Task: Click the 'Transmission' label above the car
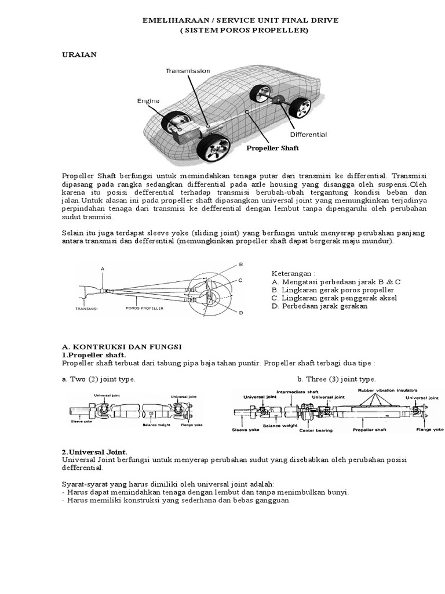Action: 188,71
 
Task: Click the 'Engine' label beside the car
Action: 148,100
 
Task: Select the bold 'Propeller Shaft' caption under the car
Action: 272,148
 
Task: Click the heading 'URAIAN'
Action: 79,54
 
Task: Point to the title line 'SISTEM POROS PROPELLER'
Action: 240,30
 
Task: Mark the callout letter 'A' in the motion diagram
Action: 103,269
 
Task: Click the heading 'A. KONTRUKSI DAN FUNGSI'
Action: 122,346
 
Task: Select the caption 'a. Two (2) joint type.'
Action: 99,379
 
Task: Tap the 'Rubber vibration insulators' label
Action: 388,390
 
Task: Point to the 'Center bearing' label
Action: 315,430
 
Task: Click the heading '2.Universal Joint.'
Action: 94,451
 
